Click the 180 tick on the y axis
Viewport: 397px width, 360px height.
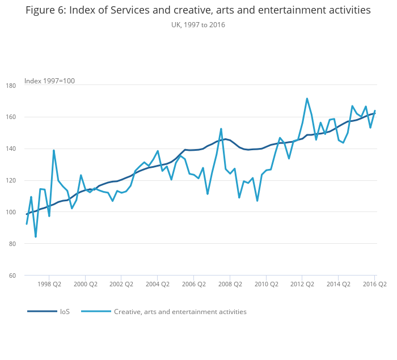point(28,85)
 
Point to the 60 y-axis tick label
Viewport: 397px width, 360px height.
point(28,276)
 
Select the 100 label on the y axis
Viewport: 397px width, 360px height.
point(28,212)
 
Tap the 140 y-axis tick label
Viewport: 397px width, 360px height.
point(28,149)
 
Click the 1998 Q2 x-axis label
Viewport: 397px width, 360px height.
point(49,284)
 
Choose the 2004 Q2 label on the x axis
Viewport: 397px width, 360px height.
point(157,284)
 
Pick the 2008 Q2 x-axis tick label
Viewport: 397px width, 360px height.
point(230,284)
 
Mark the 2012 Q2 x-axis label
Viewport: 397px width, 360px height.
point(302,284)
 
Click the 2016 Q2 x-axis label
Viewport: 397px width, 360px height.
point(374,284)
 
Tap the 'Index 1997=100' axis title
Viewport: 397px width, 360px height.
point(49,81)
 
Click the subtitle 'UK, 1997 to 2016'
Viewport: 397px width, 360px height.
point(198,25)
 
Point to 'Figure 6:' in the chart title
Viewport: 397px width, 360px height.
point(45,11)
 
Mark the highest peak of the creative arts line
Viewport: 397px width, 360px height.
point(307,99)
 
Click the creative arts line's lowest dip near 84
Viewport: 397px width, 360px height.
point(36,236)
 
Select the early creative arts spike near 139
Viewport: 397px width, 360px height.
point(54,150)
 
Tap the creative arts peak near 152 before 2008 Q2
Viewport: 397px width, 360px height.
point(221,129)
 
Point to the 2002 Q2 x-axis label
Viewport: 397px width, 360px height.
point(121,284)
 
